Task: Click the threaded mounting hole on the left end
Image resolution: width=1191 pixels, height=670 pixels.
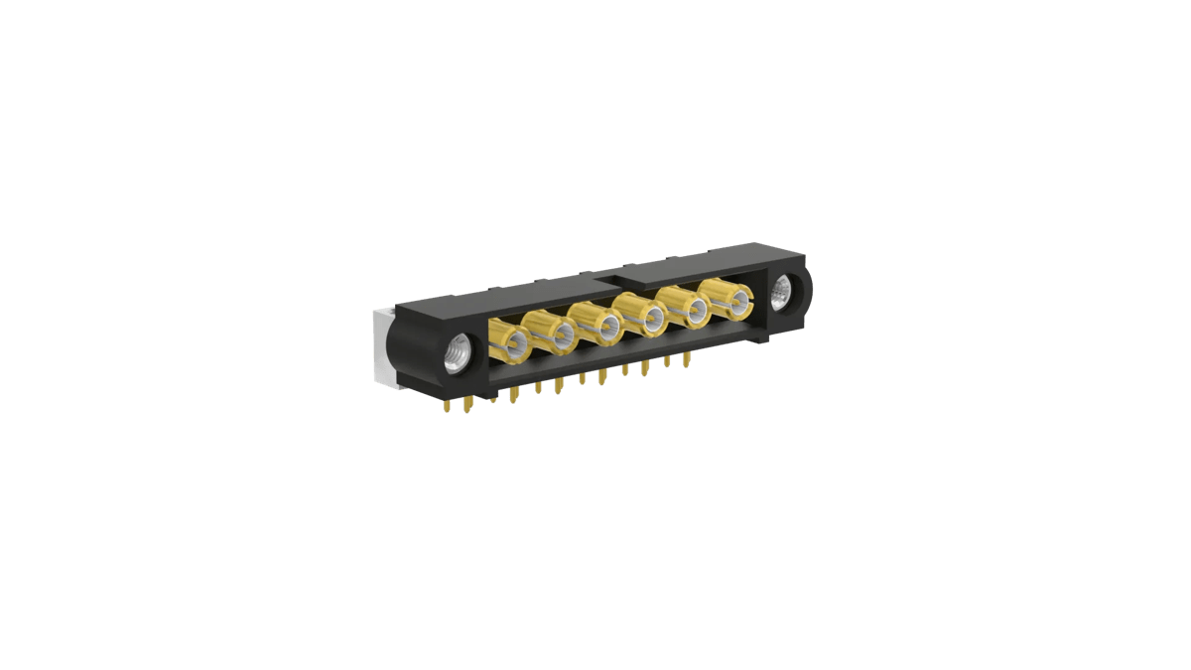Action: (x=458, y=353)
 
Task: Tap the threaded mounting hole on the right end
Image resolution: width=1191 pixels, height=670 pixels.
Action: (x=784, y=295)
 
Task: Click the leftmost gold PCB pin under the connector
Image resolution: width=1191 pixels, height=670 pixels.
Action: (x=444, y=405)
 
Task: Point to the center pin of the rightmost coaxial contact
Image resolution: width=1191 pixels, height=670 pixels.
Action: (x=736, y=298)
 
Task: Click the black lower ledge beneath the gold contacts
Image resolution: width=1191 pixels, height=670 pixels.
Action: (x=615, y=355)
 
